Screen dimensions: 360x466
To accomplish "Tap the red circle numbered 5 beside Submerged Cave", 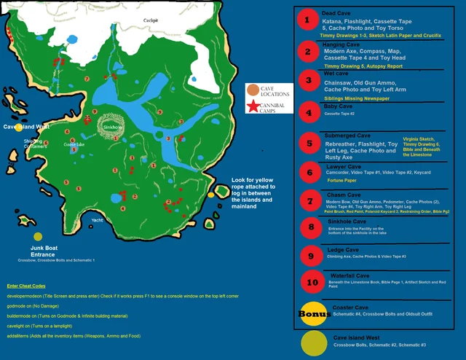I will point(309,144).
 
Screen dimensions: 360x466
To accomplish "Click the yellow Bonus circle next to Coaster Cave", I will point(311,313).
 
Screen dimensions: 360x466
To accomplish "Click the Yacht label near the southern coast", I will point(97,219).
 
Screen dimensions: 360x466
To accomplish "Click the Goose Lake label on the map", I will point(74,144).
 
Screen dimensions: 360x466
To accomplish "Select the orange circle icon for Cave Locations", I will point(253,90).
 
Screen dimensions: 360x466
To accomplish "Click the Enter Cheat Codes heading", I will point(25,286).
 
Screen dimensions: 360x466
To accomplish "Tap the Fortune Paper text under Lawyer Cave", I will point(341,179).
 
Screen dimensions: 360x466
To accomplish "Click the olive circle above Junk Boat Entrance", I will point(37,236).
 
